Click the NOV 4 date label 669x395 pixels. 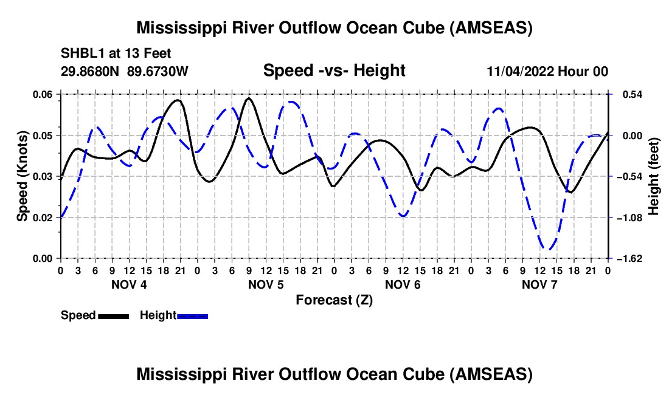tap(128, 284)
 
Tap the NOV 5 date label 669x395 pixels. tap(266, 284)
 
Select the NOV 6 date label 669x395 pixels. tap(403, 284)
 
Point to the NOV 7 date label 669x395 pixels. tap(539, 284)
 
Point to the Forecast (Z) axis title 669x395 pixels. tap(334, 300)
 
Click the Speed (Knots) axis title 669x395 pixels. tap(22, 176)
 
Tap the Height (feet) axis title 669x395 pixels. tap(654, 176)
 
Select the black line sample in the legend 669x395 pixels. tap(113, 316)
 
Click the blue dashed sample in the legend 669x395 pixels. tap(193, 316)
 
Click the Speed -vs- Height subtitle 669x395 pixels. tap(334, 70)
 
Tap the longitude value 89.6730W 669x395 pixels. tap(158, 71)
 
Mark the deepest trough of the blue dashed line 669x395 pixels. tap(549, 249)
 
